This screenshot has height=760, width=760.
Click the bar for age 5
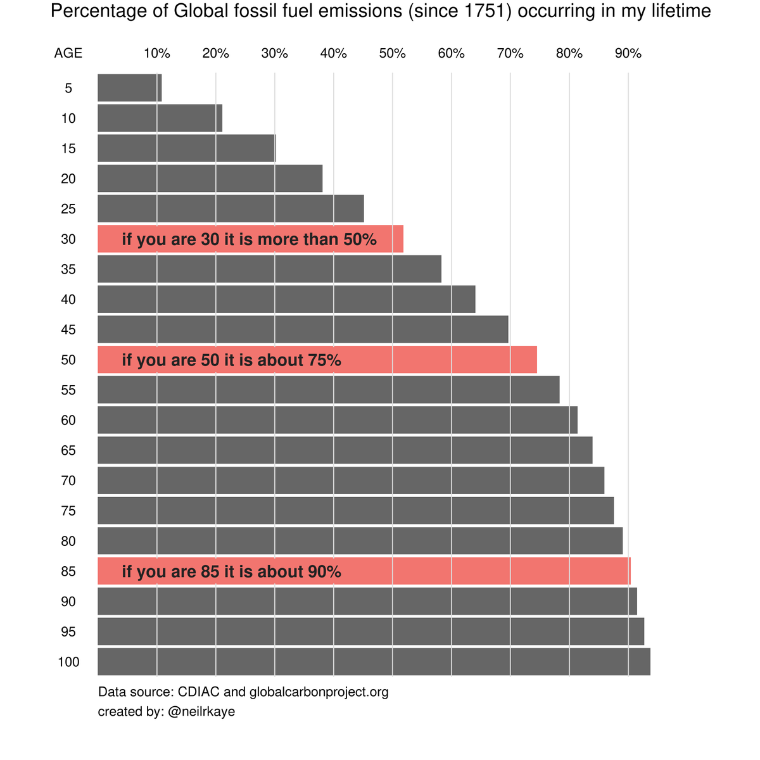pos(130,87)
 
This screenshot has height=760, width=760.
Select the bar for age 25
pos(231,208)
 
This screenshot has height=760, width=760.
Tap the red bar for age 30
pos(250,239)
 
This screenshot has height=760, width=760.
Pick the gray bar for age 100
pos(374,661)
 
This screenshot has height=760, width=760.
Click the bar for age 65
pos(345,450)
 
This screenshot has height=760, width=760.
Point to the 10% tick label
pos(157,54)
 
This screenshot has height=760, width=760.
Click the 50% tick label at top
pos(393,54)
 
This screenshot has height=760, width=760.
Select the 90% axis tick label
pos(628,54)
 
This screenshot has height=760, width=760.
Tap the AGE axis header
pos(68,54)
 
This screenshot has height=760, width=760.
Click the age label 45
pos(68,329)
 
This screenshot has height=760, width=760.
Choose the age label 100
pos(68,662)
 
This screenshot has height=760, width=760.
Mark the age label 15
pos(68,148)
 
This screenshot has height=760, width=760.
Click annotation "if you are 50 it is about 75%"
pos(231,360)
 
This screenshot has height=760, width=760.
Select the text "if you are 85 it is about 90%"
pos(231,572)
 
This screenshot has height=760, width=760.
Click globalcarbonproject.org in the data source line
pos(319,692)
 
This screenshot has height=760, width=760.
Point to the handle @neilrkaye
pos(201,712)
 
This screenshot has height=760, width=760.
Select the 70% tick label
pos(510,54)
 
